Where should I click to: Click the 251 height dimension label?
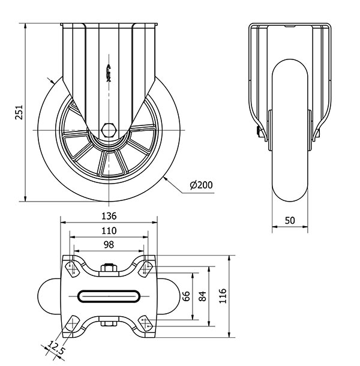point(18,112)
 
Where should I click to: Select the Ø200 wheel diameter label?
point(201,185)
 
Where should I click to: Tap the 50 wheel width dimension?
point(290,220)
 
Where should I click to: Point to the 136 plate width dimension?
point(109,216)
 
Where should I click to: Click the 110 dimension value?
point(109,230)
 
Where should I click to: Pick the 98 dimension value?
point(109,244)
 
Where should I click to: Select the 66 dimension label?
point(185,296)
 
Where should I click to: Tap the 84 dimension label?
point(203,296)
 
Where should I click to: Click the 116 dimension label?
point(223,295)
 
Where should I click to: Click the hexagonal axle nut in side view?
point(109,130)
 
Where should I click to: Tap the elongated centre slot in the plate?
point(109,296)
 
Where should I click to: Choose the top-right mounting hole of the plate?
point(146,268)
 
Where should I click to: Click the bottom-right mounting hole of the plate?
point(146,324)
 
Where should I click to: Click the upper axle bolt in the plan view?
point(109,268)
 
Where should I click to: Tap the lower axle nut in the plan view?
point(109,325)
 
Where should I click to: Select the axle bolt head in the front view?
point(260,133)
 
